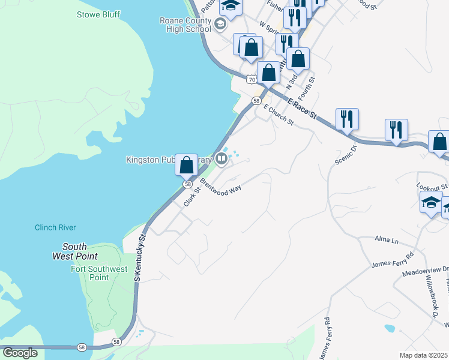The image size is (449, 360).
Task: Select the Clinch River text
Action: click(x=55, y=227)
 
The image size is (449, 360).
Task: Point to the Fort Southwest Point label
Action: click(x=99, y=273)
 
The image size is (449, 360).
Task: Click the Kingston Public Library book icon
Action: click(x=221, y=160)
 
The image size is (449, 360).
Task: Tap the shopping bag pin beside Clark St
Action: click(x=187, y=164)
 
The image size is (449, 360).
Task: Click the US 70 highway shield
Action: click(x=252, y=79)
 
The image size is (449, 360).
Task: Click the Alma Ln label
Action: click(x=387, y=240)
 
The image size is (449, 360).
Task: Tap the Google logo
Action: click(x=20, y=352)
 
